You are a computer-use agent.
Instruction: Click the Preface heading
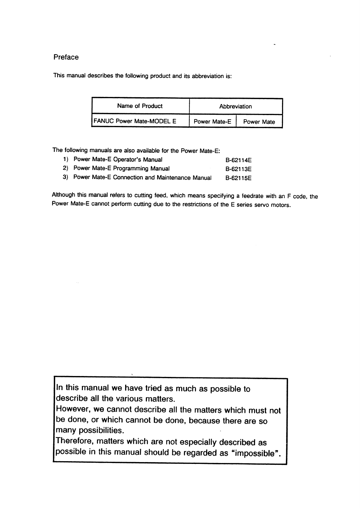(66, 57)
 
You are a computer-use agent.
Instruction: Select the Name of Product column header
(140, 106)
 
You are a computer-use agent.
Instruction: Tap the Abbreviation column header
(235, 107)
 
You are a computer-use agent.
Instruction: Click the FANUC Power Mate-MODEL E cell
(135, 121)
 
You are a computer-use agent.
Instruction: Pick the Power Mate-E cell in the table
(212, 122)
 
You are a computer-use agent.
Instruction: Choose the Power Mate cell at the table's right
(259, 122)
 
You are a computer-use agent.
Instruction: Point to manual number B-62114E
(238, 160)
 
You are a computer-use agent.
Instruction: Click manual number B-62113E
(238, 169)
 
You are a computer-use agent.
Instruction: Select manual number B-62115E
(238, 178)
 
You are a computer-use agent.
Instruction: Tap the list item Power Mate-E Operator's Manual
(118, 159)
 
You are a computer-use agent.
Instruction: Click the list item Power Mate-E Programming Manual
(122, 168)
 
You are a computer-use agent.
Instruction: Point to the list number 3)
(66, 177)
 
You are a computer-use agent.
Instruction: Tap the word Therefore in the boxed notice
(75, 441)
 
